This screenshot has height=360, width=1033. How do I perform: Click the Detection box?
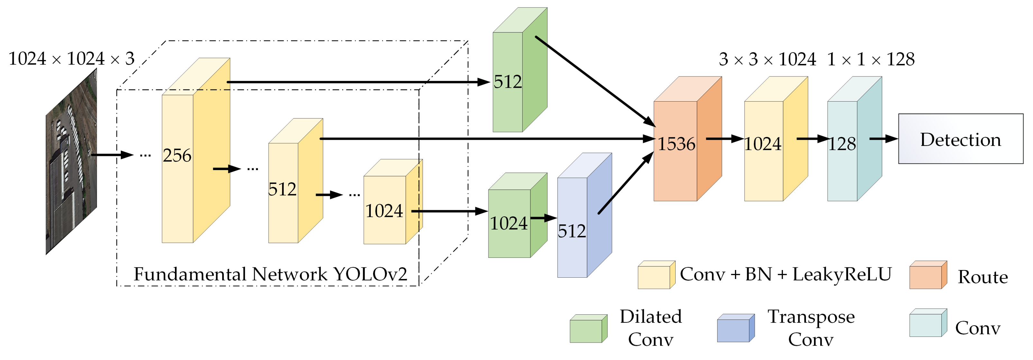[960, 139]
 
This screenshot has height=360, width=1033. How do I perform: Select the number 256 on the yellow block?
[177, 156]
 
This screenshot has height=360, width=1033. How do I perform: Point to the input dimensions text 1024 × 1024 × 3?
[71, 59]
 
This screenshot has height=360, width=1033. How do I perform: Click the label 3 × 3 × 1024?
[767, 59]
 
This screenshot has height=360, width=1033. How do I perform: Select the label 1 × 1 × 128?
[871, 59]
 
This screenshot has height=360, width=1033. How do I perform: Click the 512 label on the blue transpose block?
[572, 231]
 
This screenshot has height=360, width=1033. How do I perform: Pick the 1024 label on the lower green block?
[508, 223]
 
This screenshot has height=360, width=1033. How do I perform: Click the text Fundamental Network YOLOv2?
[270, 274]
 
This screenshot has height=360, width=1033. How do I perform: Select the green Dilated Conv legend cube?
[588, 329]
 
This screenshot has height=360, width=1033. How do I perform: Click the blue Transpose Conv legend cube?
[736, 329]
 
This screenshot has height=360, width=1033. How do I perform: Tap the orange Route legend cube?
[928, 275]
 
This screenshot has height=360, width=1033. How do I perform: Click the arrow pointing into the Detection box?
[883, 139]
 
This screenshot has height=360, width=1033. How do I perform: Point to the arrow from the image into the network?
[112, 154]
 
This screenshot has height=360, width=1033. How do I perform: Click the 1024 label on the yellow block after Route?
[763, 144]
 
